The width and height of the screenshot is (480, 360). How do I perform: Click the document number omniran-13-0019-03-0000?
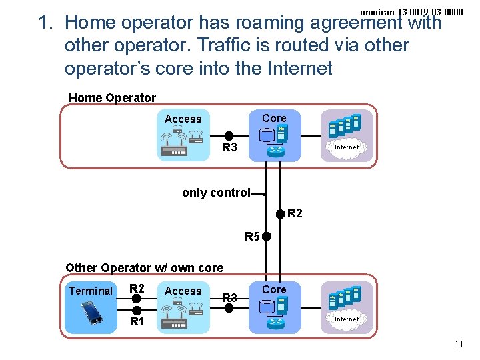[411, 12]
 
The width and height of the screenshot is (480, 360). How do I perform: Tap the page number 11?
[458, 345]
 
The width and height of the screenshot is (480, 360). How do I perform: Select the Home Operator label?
[112, 98]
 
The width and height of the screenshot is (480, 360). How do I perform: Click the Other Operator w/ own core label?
[144, 268]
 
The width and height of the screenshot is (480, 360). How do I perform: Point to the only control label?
[215, 193]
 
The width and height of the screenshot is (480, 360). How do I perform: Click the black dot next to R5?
[266, 236]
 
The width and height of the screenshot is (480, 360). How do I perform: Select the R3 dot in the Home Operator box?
[228, 135]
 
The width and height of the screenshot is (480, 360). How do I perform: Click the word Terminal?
[91, 291]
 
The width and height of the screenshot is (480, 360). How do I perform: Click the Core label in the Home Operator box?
[274, 118]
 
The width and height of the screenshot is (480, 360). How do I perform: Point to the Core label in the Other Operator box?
[274, 289]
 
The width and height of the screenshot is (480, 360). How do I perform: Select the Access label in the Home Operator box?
[183, 119]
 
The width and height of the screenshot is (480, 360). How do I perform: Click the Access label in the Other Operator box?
[183, 291]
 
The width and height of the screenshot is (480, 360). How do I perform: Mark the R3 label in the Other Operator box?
[229, 297]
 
